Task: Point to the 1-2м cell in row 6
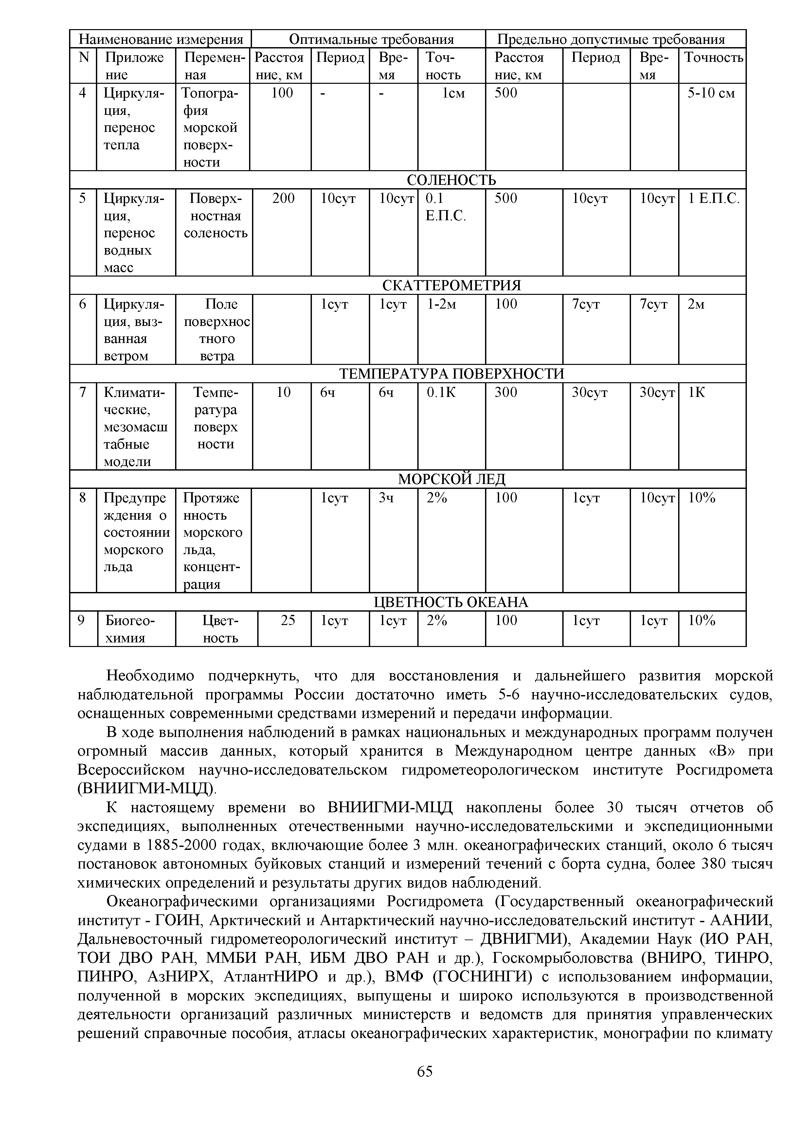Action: (442, 304)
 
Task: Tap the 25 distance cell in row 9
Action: (288, 620)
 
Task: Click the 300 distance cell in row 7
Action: (506, 392)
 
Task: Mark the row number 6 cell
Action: (83, 304)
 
